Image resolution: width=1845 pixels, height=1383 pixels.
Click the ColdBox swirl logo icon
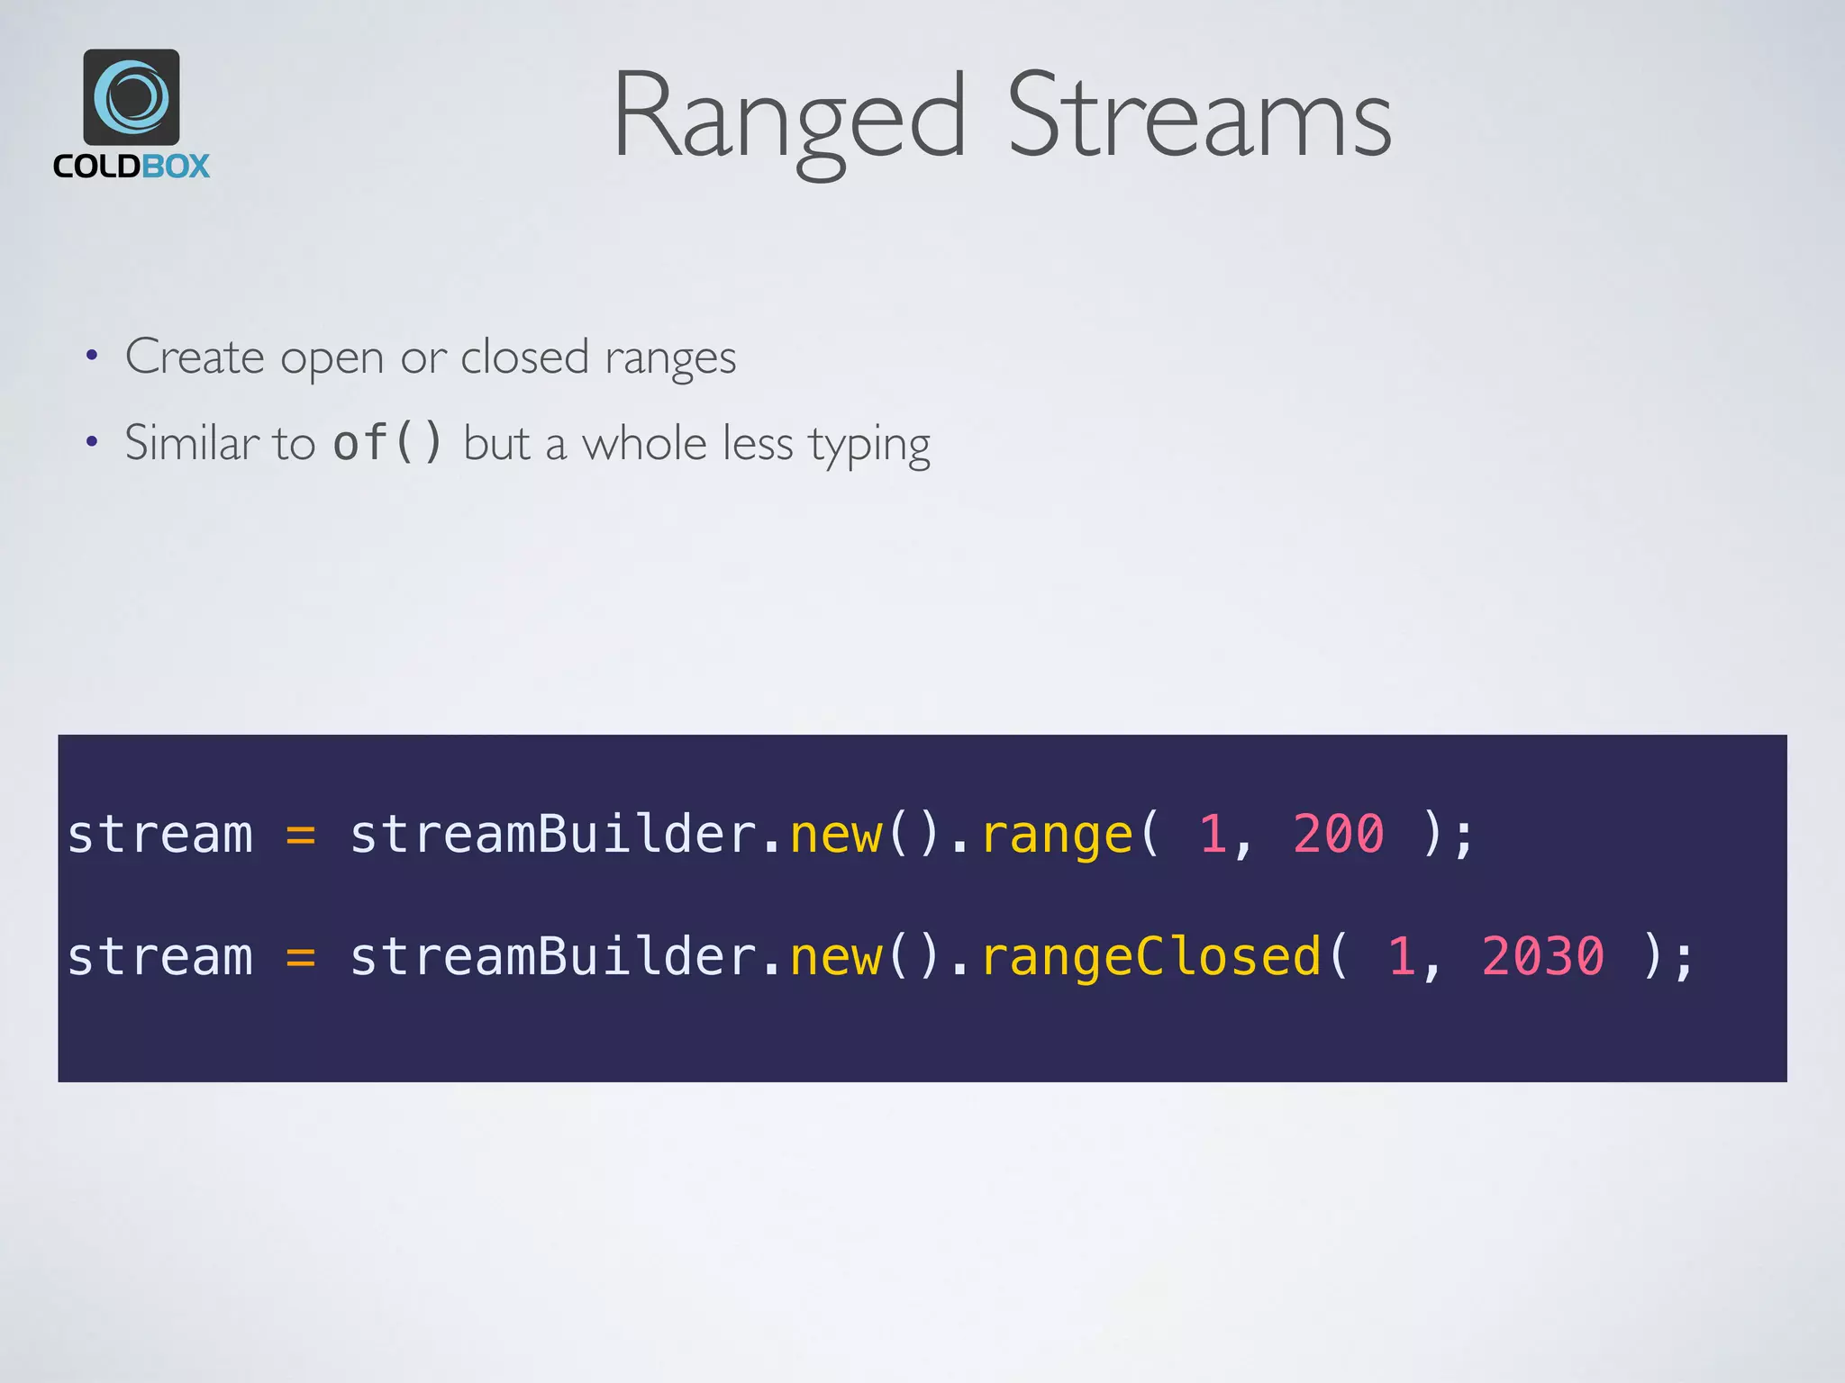(132, 97)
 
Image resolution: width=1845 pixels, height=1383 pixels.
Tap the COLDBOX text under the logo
(132, 167)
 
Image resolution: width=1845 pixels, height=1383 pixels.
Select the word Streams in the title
(1199, 117)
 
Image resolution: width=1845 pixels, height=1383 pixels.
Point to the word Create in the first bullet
(195, 357)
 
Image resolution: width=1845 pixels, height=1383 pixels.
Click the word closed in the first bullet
(524, 357)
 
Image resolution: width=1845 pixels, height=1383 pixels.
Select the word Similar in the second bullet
(191, 443)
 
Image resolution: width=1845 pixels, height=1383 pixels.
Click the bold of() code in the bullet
(387, 443)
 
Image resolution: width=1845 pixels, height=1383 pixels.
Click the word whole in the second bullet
(644, 443)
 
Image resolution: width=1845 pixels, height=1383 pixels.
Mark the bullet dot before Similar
(91, 442)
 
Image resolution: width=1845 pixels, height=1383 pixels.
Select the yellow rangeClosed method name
(1151, 957)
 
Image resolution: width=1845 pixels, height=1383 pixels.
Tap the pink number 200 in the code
(1339, 834)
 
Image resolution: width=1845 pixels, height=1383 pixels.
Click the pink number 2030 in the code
(1543, 956)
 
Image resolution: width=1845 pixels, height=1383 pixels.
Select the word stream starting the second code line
(160, 956)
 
